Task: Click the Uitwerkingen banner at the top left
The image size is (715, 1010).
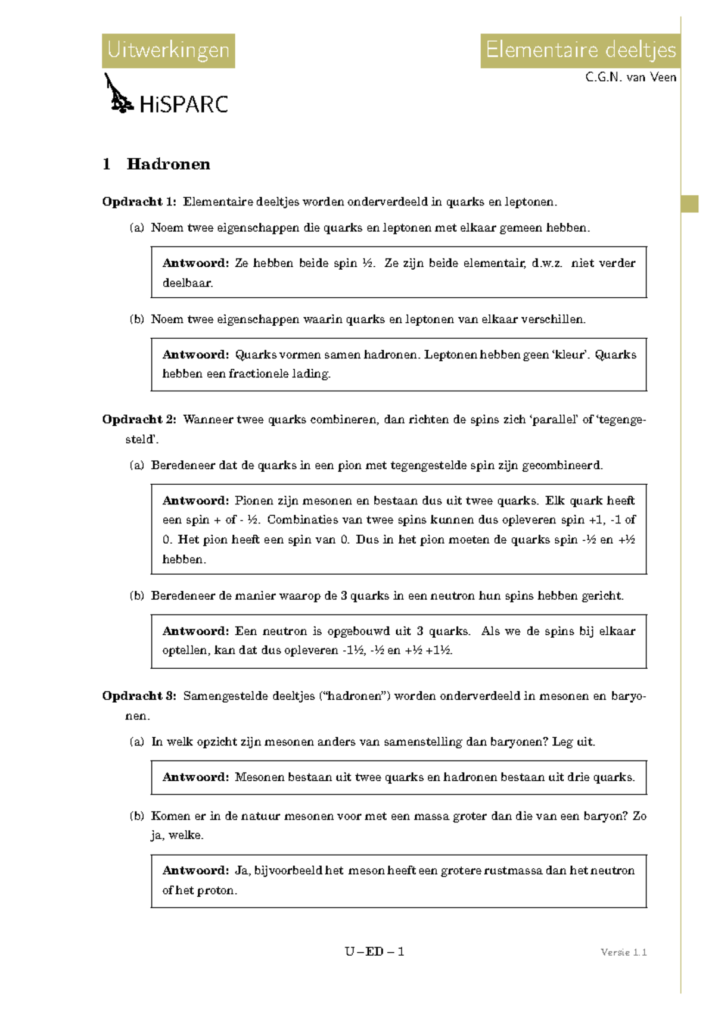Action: click(x=168, y=51)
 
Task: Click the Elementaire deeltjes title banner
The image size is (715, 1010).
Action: click(x=580, y=51)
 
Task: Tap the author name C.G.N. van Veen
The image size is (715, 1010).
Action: click(x=630, y=77)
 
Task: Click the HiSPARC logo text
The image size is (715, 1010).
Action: click(x=184, y=105)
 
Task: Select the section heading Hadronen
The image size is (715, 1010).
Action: click(x=168, y=164)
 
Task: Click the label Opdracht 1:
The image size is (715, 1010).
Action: click(x=139, y=202)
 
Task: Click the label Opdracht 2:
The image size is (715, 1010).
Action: click(x=139, y=419)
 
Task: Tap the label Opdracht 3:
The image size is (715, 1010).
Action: click(x=139, y=696)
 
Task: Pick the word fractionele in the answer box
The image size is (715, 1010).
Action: click(x=258, y=374)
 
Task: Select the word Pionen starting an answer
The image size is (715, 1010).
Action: click(x=253, y=501)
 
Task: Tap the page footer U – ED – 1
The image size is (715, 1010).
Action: click(x=374, y=952)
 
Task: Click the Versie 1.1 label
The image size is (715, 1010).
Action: click(x=623, y=952)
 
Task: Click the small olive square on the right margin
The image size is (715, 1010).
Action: click(x=689, y=204)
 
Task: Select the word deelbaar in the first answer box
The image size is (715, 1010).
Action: click(x=187, y=283)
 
